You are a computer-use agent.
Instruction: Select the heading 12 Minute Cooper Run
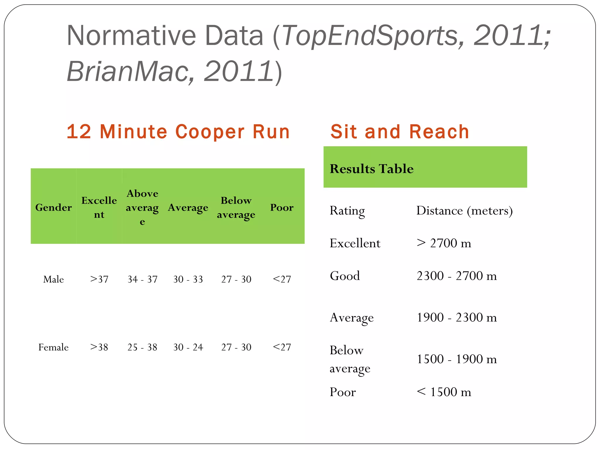click(178, 132)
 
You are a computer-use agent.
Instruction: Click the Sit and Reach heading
click(400, 132)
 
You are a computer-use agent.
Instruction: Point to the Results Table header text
click(371, 169)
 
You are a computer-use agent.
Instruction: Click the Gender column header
click(53, 207)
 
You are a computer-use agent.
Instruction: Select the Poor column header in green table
click(282, 207)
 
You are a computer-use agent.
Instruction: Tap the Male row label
click(53, 279)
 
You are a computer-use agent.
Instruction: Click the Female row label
click(53, 347)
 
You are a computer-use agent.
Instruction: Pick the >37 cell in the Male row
click(99, 279)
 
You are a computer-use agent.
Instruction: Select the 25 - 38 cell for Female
click(142, 347)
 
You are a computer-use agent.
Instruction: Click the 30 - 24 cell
click(188, 347)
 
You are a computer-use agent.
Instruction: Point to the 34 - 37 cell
click(142, 279)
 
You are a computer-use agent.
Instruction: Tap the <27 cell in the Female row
click(282, 347)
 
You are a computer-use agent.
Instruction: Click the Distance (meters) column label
click(464, 211)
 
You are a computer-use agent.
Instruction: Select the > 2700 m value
click(444, 243)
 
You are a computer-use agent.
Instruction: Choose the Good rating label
click(345, 276)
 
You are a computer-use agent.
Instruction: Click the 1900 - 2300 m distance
click(456, 317)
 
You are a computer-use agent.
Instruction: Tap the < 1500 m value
click(444, 392)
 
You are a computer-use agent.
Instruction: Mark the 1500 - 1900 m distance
click(456, 359)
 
